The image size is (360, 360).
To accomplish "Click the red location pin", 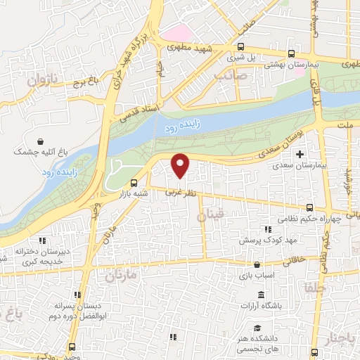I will point(181,165).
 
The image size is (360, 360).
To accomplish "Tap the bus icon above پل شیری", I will point(291,53).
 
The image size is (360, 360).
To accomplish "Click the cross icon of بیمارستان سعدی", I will point(300,153).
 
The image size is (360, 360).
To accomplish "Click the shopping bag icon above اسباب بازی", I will point(256,265).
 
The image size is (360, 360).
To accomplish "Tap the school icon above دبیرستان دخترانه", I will point(41,240).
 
